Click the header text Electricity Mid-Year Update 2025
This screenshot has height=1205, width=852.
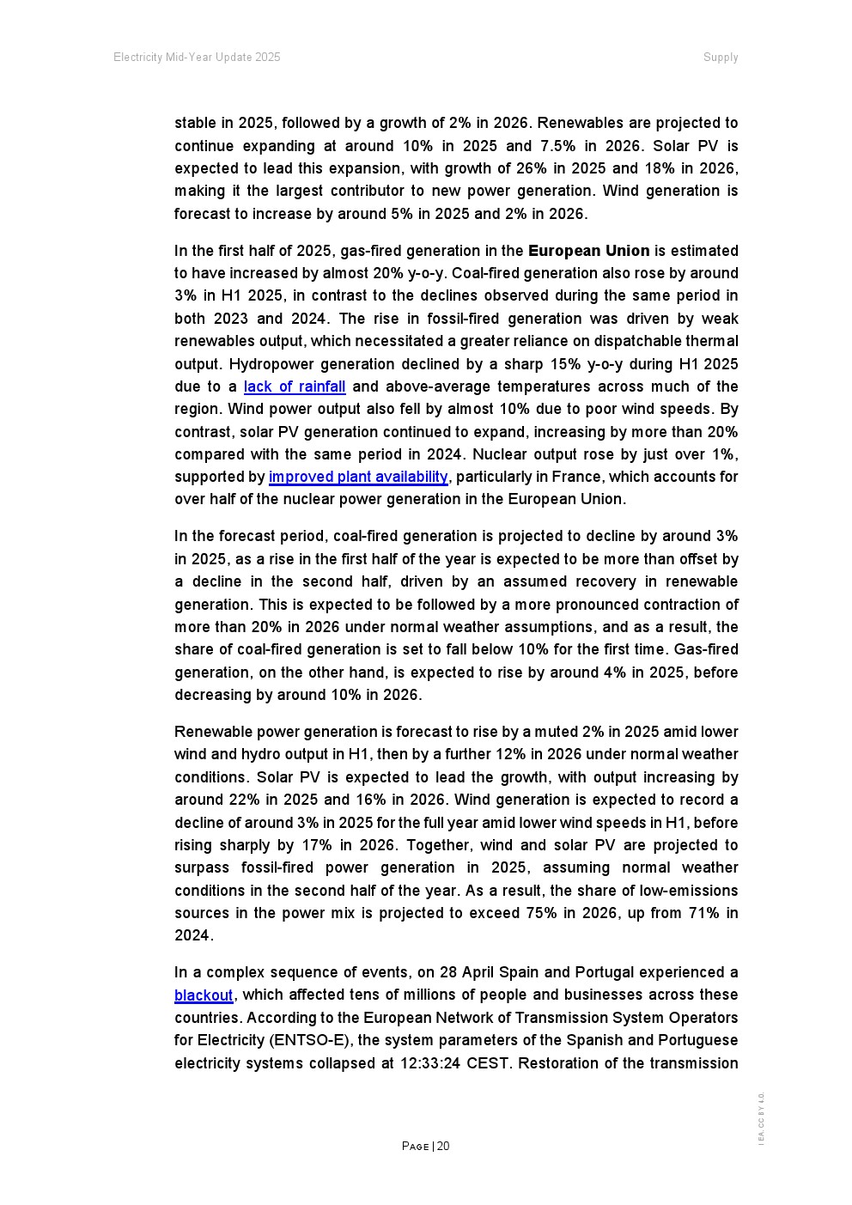(197, 58)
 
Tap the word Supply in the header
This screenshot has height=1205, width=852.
(721, 58)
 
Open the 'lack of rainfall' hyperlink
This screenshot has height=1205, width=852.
(295, 387)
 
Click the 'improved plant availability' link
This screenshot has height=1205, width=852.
(358, 478)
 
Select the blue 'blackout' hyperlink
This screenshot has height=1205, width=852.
(204, 996)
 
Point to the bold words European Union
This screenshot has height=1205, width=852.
(588, 252)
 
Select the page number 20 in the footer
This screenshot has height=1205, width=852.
(443, 1147)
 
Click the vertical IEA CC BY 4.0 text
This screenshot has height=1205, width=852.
(761, 1117)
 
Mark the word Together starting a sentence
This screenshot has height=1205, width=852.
(439, 846)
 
